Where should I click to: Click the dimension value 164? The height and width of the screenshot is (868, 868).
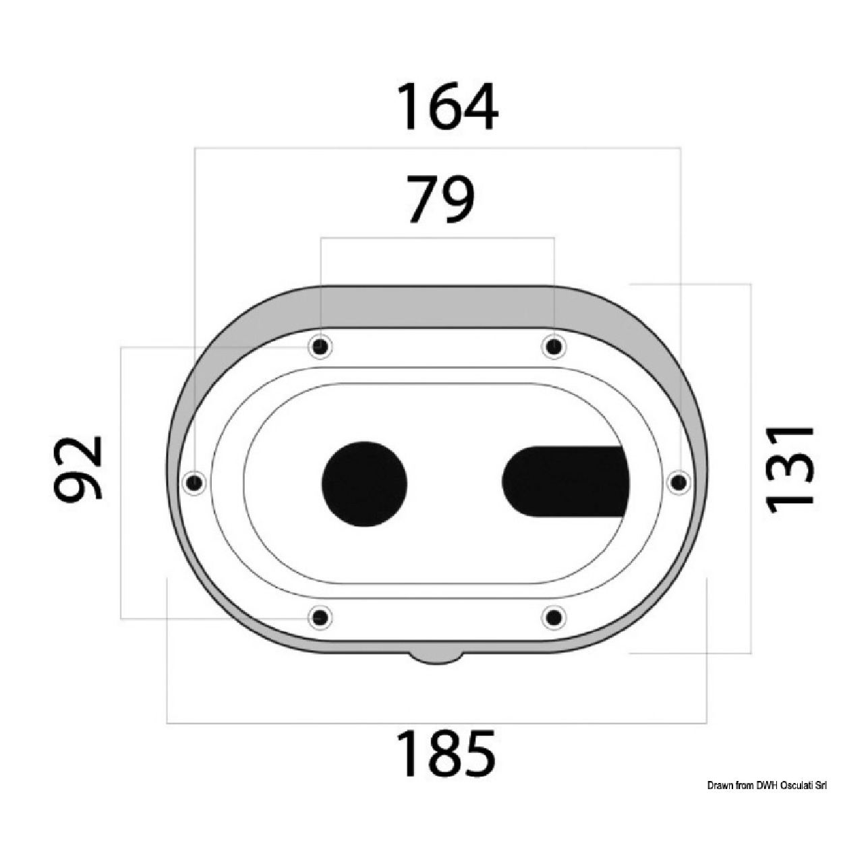[x=447, y=107]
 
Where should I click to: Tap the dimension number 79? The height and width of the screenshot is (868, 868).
[x=441, y=200]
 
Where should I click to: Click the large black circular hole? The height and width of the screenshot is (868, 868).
[x=364, y=484]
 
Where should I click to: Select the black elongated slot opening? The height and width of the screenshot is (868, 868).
[x=566, y=482]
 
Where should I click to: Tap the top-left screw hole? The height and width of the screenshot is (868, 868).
[x=320, y=347]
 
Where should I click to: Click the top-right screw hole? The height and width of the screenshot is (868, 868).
[x=554, y=347]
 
